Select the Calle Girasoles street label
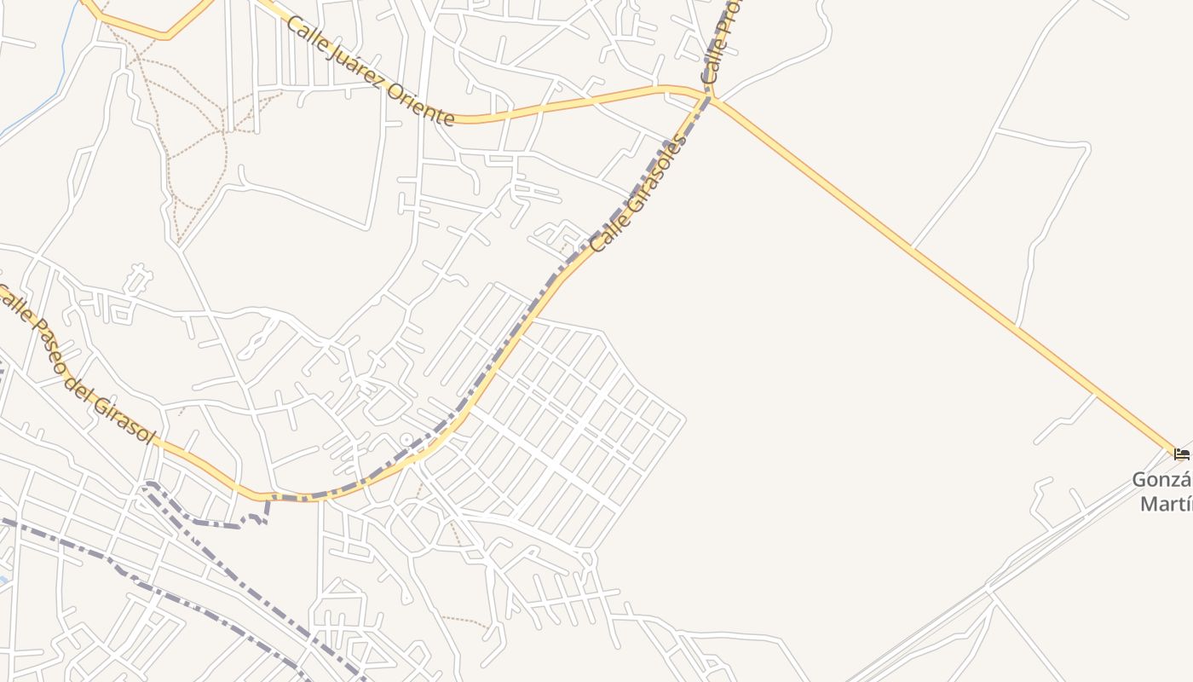(638, 194)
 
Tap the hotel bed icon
(1181, 454)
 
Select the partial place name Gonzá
(1161, 480)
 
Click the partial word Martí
(1166, 504)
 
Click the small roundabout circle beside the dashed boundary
(406, 441)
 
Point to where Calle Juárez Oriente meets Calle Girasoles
(708, 95)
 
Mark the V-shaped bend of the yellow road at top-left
(166, 36)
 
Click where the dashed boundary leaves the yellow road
(269, 498)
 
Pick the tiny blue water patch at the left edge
(3, 580)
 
